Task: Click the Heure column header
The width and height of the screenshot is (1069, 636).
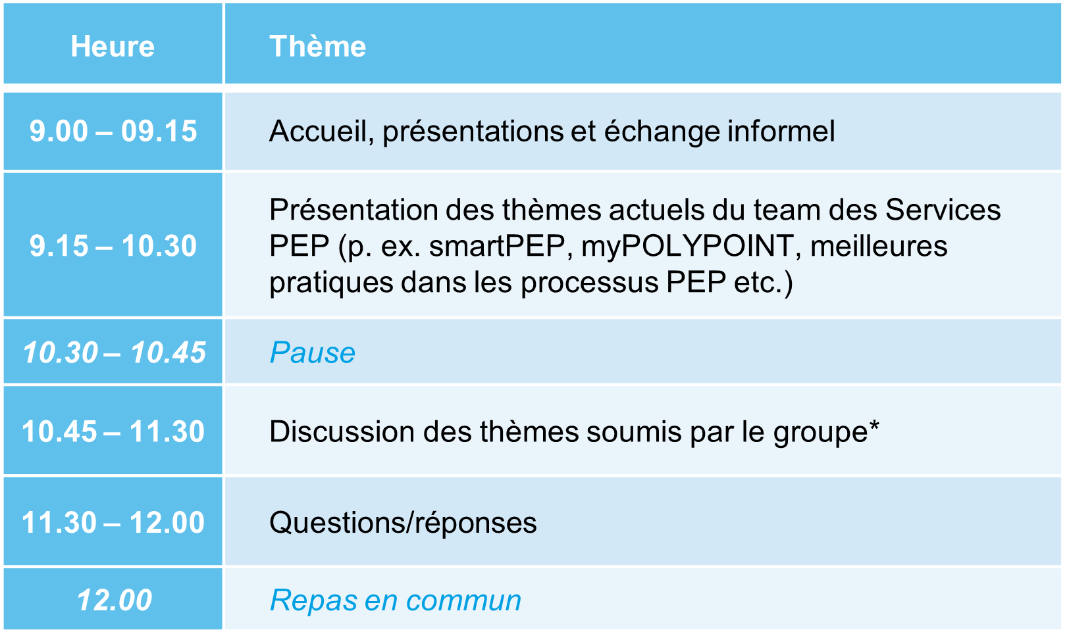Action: point(113,46)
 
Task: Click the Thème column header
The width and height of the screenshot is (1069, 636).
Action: point(318,46)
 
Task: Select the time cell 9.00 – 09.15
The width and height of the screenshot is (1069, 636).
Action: point(113,131)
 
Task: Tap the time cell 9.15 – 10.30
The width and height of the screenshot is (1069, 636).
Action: point(113,246)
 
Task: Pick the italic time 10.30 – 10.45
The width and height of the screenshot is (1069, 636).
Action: point(114,353)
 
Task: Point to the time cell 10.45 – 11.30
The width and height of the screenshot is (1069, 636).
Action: point(113,431)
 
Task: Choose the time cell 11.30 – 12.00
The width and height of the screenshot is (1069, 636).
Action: point(113,522)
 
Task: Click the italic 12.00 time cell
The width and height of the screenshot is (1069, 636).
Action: point(114,600)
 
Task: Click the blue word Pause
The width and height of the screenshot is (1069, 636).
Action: point(313,353)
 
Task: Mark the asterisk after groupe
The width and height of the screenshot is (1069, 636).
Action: point(873,426)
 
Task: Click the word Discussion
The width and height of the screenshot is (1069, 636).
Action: point(342,431)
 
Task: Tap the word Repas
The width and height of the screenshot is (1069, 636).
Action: point(313,600)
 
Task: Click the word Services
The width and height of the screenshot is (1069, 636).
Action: point(943,210)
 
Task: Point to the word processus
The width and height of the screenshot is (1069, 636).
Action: point(590,283)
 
